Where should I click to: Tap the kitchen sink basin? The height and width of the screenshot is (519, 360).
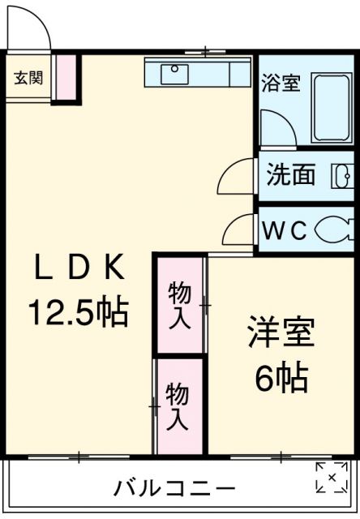click(x=175, y=74)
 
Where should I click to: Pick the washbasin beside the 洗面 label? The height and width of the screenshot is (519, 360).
click(x=341, y=175)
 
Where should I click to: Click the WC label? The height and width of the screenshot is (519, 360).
click(x=283, y=231)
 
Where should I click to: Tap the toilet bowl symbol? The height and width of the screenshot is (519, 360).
click(x=333, y=231)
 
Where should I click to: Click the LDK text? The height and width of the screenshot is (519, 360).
click(x=79, y=267)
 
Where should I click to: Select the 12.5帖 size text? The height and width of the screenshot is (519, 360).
click(x=79, y=311)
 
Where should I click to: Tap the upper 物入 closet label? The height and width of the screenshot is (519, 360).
click(x=179, y=304)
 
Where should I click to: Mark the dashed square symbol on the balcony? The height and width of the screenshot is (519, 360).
click(x=331, y=478)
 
